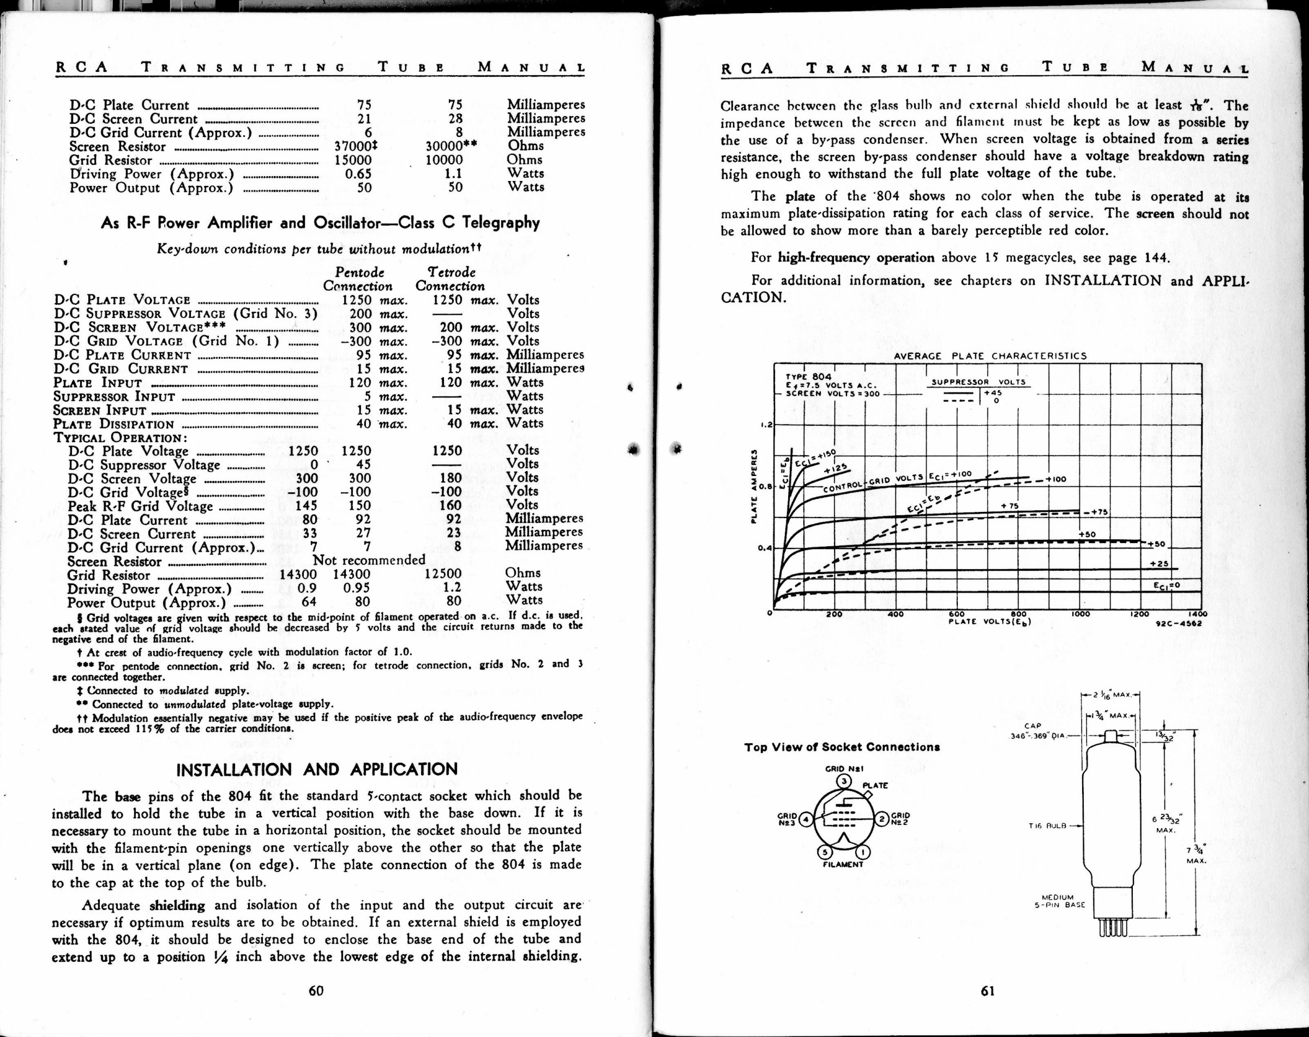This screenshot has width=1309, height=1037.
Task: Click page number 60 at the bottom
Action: (x=316, y=991)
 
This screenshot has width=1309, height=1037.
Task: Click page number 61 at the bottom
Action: (x=988, y=991)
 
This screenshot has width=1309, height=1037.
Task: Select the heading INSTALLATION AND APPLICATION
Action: (x=316, y=770)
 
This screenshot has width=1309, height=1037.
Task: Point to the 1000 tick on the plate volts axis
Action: (x=1080, y=614)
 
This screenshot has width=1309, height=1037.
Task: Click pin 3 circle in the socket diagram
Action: (x=844, y=781)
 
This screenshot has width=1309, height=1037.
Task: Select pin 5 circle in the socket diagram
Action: (x=824, y=853)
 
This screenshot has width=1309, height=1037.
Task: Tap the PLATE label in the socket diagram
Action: (x=875, y=786)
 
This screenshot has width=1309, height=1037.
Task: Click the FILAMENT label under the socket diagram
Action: (x=843, y=865)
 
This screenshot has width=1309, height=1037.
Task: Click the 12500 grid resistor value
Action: (x=443, y=574)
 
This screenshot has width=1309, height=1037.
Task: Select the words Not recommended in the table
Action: (x=369, y=559)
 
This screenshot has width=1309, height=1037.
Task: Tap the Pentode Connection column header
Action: (x=358, y=279)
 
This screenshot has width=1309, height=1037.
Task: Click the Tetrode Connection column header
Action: (x=450, y=279)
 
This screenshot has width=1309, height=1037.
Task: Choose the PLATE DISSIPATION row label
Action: (x=113, y=424)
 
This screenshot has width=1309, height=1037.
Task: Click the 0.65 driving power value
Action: (x=358, y=174)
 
